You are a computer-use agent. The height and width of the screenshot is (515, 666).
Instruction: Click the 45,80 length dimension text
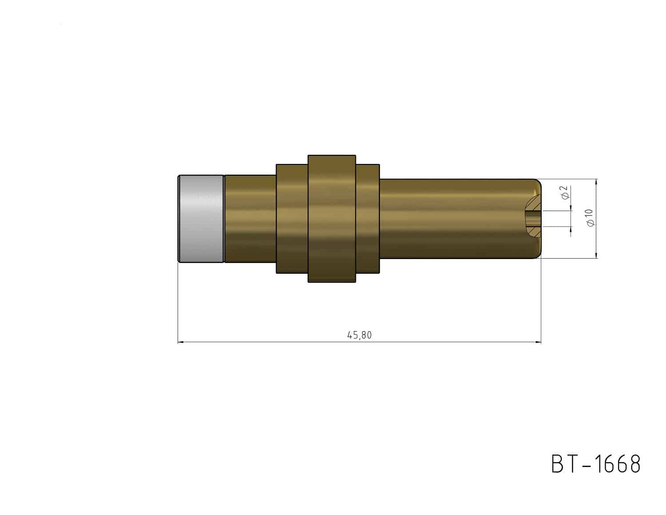pos(359,335)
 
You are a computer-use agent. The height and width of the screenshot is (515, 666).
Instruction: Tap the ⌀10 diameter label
pos(590,218)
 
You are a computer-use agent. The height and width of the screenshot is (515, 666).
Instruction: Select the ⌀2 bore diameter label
pos(565,192)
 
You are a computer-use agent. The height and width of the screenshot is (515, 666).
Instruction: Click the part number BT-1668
pos(596,464)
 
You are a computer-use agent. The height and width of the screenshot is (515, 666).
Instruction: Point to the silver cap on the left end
pos(201,219)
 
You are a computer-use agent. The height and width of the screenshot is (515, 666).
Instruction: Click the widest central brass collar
pos(332,219)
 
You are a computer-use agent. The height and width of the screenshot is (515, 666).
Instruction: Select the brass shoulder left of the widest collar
pos(292,219)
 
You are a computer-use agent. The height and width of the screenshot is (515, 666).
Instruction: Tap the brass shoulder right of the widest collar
pos(368,219)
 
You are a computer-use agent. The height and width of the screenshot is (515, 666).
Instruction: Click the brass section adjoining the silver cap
pos(250,219)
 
